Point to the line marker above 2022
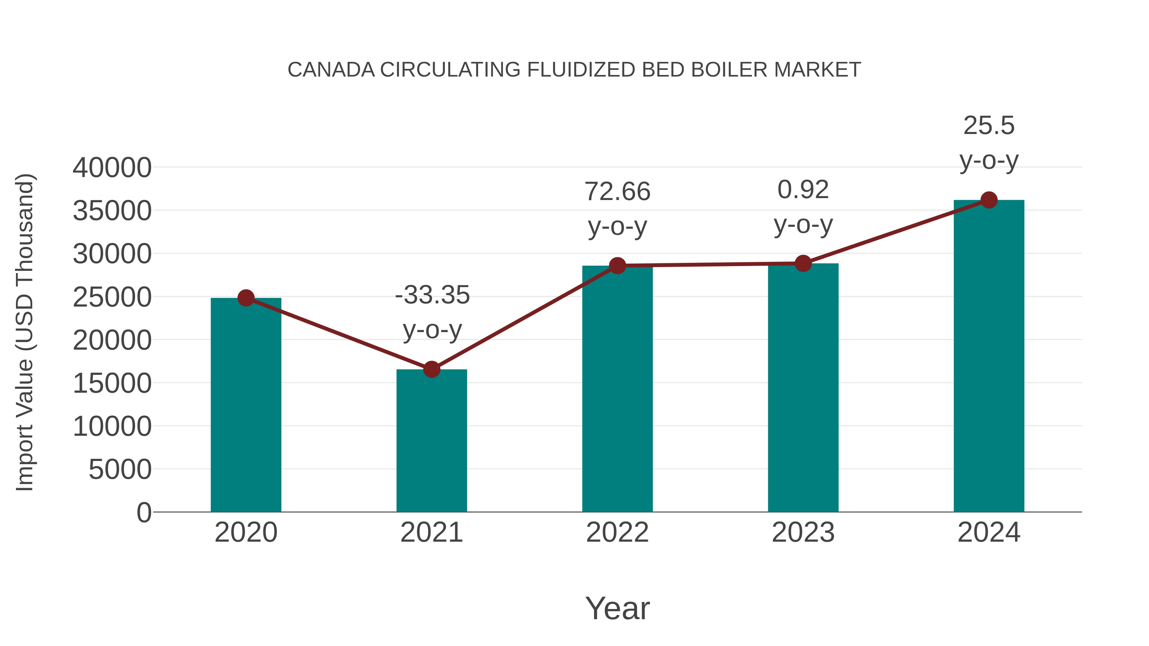(x=617, y=266)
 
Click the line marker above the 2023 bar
(x=803, y=264)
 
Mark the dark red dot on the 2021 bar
(x=431, y=369)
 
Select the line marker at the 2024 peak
(x=989, y=200)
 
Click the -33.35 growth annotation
(x=432, y=295)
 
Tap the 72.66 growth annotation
(x=617, y=192)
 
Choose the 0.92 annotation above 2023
(x=803, y=190)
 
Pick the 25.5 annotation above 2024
(x=989, y=126)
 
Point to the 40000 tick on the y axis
(x=112, y=168)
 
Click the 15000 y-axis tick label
(x=112, y=383)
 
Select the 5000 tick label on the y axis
(x=120, y=470)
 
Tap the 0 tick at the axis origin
(x=144, y=513)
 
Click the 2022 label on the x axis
(x=617, y=532)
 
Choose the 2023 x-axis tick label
(x=803, y=532)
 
